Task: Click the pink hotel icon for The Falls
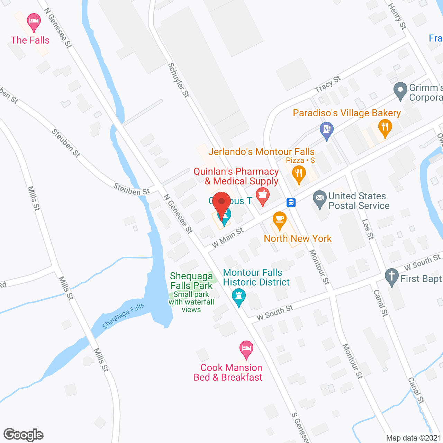click(34, 22)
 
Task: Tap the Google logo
click(24, 435)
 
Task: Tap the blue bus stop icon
click(291, 202)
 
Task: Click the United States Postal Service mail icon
click(320, 199)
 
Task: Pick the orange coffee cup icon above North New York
click(280, 220)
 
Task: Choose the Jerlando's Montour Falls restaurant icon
click(299, 174)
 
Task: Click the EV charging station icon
click(327, 130)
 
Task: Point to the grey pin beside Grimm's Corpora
click(400, 90)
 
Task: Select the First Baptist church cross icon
click(392, 277)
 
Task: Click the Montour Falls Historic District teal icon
click(238, 297)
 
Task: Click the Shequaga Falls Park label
click(191, 281)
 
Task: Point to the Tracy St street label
click(328, 84)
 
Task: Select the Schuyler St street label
click(179, 80)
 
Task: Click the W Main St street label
click(227, 237)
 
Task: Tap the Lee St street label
click(368, 229)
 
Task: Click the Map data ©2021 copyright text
click(414, 438)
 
